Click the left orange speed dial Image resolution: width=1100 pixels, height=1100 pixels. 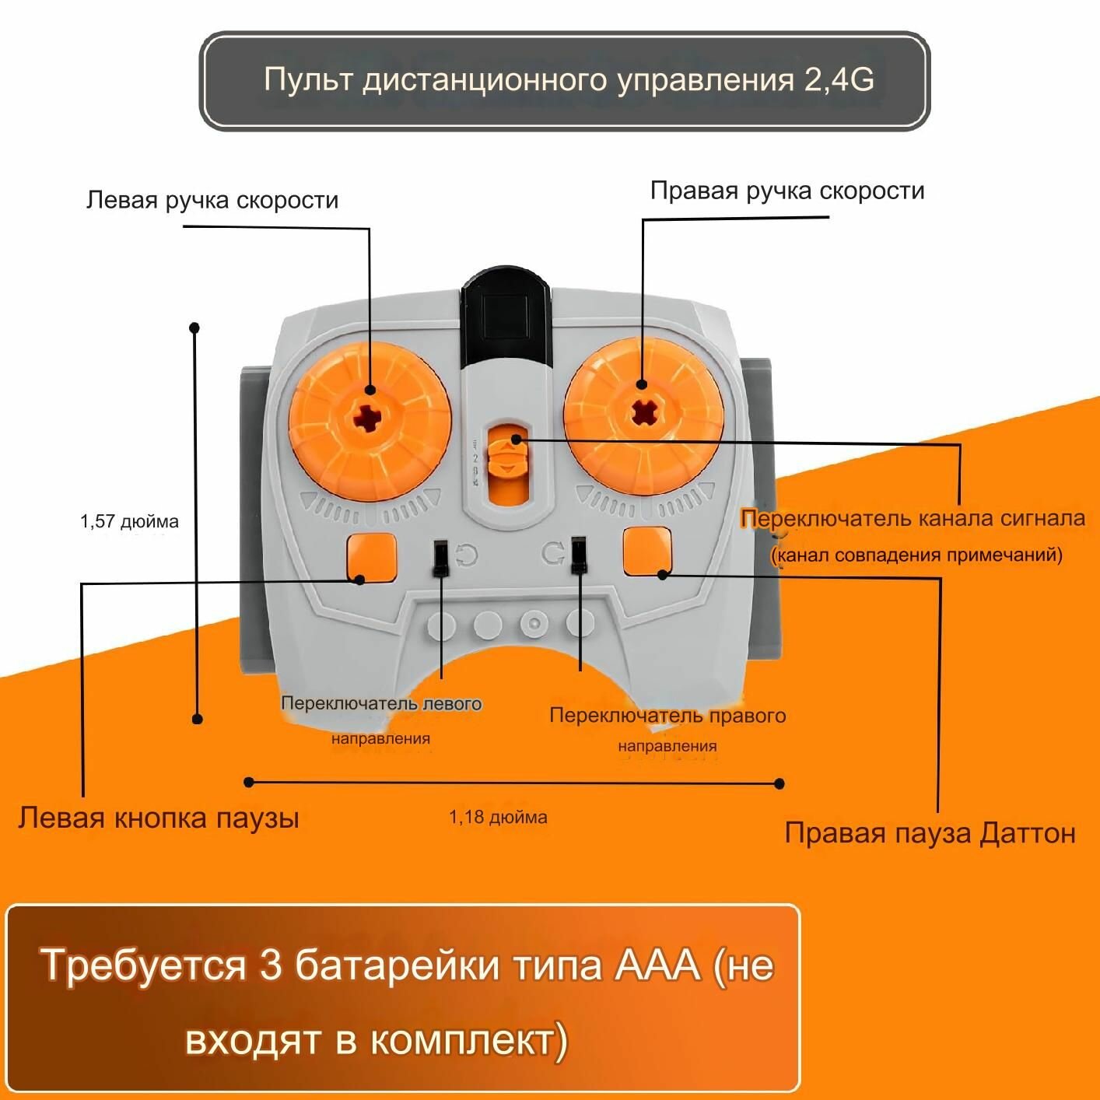pos(370,422)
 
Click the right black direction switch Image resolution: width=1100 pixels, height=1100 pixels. pos(578,555)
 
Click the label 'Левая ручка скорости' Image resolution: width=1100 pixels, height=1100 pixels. pos(212,201)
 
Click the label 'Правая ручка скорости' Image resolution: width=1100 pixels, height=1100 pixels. pos(787,191)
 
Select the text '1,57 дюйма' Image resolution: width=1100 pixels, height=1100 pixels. pos(129,521)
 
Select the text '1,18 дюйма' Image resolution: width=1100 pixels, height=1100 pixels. pos(498,817)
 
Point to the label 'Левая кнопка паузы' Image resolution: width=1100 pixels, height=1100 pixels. pos(159,818)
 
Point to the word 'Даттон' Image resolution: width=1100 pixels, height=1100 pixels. pos(1028,833)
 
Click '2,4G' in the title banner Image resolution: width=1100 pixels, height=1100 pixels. pos(839,80)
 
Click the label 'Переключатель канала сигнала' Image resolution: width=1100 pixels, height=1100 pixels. pos(913,518)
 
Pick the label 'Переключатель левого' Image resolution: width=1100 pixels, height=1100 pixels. pos(381,703)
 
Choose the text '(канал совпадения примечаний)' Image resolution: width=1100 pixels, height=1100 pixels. pos(916,555)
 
